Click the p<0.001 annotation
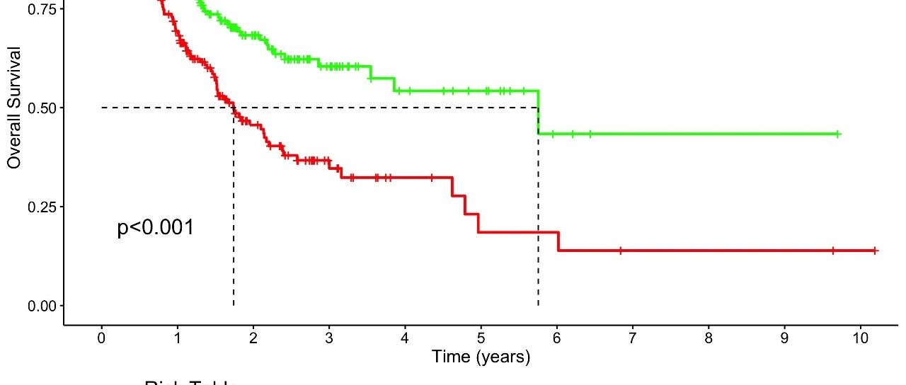[x=155, y=228]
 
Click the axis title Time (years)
[x=481, y=357]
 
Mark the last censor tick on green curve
[x=837, y=134]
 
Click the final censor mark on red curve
[x=876, y=251]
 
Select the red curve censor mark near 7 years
[x=620, y=251]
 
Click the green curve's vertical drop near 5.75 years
[x=539, y=113]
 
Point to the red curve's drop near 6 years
[x=558, y=241]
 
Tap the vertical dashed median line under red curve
[x=234, y=212]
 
